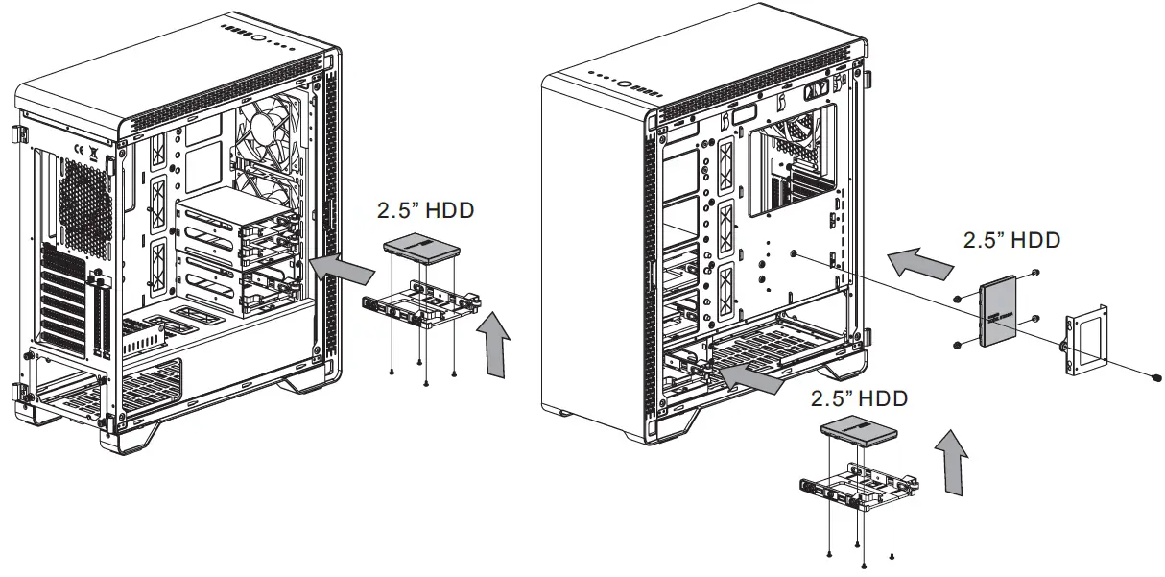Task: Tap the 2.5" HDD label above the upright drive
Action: tap(1011, 240)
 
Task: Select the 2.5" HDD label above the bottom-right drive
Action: tap(859, 397)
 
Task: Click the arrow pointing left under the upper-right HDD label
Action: tap(915, 261)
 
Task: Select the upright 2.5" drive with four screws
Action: tap(999, 313)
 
